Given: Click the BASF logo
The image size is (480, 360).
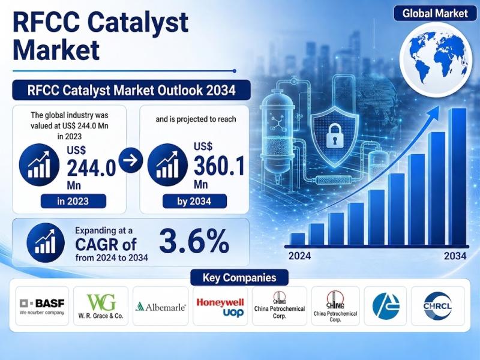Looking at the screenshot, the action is point(42,306).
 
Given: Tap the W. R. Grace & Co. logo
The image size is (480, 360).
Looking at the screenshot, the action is point(101,306).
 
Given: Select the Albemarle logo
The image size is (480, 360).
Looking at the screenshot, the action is point(161,307).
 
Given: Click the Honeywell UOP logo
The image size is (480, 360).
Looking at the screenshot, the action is point(220,307).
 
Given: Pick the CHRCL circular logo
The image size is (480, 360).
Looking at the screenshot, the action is point(437,306).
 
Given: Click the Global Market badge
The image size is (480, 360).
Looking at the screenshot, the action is point(435,13).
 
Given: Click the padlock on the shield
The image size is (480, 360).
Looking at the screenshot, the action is point(334,136).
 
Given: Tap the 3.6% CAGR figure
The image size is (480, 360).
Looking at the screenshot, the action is point(194,242).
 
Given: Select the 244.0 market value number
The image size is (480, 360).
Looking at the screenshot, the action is point(91,168).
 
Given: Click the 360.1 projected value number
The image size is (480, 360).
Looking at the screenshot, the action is point(219,166).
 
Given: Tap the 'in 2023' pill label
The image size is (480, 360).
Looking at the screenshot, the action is point(73,201).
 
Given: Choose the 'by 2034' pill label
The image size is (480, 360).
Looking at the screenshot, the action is point(194,201).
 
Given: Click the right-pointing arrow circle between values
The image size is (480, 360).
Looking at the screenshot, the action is point(131,160).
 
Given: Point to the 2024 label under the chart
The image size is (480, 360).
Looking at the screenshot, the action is point(299,256).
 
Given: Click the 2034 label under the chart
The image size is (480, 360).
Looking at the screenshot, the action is point(455,256).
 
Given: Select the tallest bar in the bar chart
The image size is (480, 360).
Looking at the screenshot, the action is point(457,177).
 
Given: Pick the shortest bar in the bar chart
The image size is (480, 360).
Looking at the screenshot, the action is point(297,239).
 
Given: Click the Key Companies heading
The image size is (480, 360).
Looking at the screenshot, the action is point(239,278).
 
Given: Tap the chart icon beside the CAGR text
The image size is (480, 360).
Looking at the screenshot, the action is point(46,242).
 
